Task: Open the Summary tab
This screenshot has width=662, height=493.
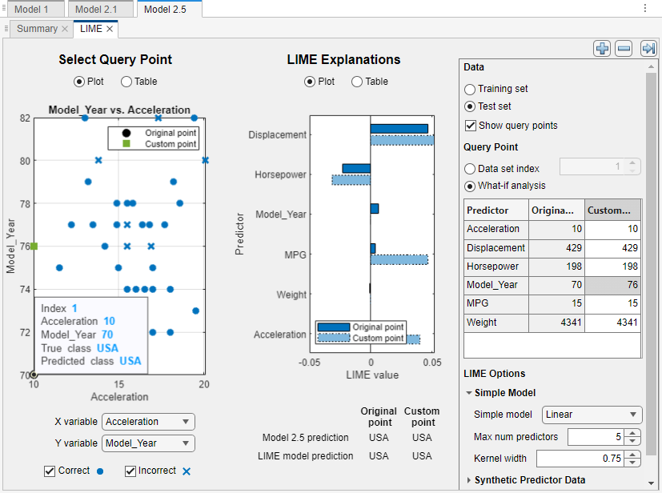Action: click(x=37, y=29)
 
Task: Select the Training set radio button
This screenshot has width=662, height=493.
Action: click(x=471, y=89)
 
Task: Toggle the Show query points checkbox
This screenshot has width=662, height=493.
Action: click(x=471, y=126)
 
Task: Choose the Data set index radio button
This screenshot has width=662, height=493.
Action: click(x=471, y=168)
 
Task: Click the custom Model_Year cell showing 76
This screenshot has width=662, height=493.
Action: click(x=612, y=285)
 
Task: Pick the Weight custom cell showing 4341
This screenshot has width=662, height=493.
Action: click(x=612, y=323)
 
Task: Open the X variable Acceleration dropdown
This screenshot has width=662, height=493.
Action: click(x=149, y=422)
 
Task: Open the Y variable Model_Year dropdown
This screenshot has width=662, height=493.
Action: click(x=149, y=443)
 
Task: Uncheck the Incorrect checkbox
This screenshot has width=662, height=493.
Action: click(x=130, y=471)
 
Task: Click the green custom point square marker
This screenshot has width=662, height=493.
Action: click(x=34, y=246)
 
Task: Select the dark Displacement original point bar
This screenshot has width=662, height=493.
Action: click(x=399, y=128)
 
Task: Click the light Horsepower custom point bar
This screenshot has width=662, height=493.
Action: click(x=351, y=179)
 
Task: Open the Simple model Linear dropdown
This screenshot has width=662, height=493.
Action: click(x=592, y=415)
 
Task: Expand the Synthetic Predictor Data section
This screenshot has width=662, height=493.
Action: click(x=469, y=480)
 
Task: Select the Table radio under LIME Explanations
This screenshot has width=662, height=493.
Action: click(x=357, y=82)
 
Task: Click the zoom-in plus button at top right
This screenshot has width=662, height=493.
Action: click(x=602, y=49)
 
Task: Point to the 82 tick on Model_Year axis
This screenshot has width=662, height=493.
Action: click(x=25, y=118)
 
